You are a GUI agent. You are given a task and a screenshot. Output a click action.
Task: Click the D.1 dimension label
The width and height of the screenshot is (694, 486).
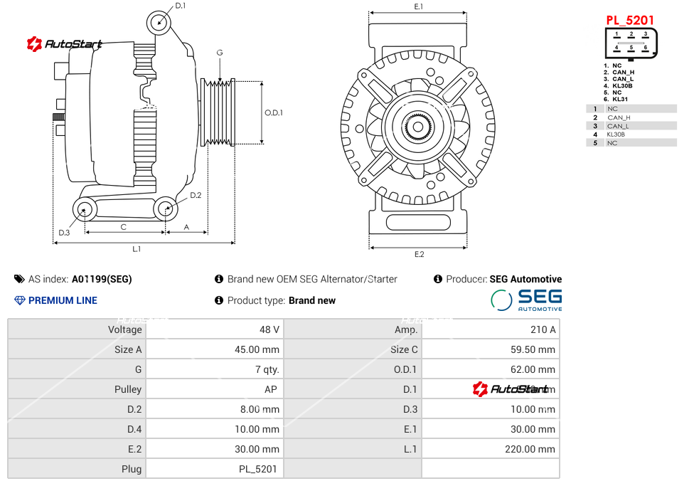(180, 6)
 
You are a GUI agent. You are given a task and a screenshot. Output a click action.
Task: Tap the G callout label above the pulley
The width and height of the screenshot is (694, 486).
(220, 53)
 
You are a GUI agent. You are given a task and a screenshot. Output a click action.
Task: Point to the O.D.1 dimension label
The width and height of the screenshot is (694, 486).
(274, 112)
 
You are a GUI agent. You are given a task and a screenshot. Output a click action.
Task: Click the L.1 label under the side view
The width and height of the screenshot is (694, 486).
(137, 249)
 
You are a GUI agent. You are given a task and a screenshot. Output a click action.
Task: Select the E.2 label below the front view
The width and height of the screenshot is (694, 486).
(419, 254)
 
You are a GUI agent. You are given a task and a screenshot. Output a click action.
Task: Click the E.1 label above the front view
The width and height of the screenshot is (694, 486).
(419, 6)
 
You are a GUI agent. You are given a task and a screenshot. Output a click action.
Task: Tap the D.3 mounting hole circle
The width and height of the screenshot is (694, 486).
(85, 210)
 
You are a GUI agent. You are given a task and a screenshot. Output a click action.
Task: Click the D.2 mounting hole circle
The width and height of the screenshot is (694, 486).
(166, 209)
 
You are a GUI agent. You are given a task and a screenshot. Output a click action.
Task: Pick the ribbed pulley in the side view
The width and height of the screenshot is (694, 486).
(219, 112)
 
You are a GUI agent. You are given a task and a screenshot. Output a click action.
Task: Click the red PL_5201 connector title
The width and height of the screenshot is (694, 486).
(630, 20)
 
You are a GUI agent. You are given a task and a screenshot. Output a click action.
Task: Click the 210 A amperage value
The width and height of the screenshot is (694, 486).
(543, 329)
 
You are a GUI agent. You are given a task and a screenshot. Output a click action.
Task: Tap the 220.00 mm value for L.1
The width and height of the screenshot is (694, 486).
(535, 449)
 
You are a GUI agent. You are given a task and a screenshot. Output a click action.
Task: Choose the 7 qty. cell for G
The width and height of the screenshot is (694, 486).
(267, 369)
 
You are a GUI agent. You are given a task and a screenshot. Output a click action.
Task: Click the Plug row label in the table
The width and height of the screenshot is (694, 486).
(132, 469)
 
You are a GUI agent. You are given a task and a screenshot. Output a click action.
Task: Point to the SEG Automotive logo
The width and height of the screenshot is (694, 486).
(527, 300)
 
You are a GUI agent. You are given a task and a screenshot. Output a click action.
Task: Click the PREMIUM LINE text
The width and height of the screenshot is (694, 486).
(63, 300)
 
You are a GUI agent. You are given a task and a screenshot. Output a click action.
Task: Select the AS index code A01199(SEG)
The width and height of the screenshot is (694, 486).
(102, 279)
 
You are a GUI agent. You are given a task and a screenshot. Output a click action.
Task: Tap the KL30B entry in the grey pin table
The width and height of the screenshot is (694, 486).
(616, 134)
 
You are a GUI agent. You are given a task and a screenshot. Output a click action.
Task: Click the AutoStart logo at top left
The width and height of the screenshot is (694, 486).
(65, 44)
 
